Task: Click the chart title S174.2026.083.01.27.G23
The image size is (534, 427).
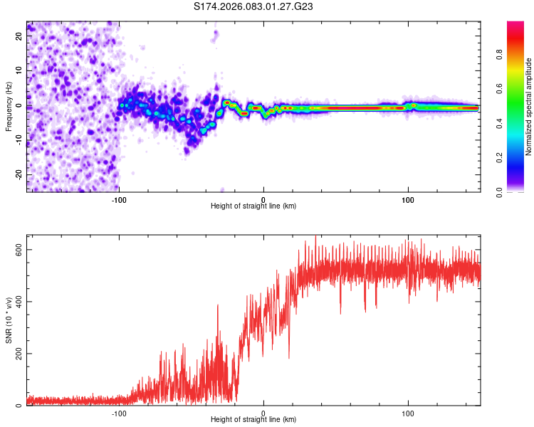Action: [254, 7]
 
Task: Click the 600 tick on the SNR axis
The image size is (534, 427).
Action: [19, 249]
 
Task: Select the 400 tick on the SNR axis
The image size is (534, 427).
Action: [19, 301]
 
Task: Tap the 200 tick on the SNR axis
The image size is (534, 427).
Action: [19, 354]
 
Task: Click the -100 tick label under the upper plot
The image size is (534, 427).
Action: [119, 199]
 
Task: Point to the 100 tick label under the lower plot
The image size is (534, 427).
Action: [409, 412]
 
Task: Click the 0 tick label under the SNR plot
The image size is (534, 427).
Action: [264, 412]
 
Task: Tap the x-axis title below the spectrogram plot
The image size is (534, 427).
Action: [253, 206]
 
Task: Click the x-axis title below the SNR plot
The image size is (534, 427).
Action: [253, 420]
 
